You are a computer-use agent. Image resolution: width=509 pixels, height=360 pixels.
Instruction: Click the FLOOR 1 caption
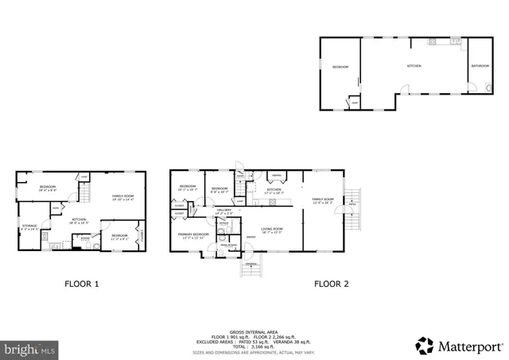pyautogui.click(x=82, y=283)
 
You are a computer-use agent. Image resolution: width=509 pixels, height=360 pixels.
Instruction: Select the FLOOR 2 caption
pyautogui.click(x=331, y=283)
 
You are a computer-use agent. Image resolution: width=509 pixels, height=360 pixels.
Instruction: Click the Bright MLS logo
pyautogui.click(x=30, y=348)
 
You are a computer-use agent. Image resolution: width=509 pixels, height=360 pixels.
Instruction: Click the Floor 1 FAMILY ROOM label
pyautogui.click(x=123, y=197)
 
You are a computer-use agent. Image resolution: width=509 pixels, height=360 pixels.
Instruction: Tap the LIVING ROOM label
pyautogui.click(x=273, y=230)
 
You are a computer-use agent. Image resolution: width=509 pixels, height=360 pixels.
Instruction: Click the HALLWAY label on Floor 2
pyautogui.click(x=223, y=211)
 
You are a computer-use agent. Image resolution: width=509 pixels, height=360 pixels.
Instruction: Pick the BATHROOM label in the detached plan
pyautogui.click(x=480, y=66)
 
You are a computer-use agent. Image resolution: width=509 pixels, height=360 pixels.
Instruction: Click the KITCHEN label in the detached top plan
pyautogui.click(x=414, y=66)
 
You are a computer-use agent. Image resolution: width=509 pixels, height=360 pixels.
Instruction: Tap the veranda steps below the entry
pyautogui.click(x=251, y=269)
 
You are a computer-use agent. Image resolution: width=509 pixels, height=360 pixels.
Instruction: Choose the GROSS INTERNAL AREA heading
pyautogui.click(x=254, y=309)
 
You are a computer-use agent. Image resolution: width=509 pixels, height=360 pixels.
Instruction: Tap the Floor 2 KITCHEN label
pyautogui.click(x=274, y=191)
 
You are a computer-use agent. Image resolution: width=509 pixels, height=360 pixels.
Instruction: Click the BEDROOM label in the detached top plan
pyautogui.click(x=340, y=68)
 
